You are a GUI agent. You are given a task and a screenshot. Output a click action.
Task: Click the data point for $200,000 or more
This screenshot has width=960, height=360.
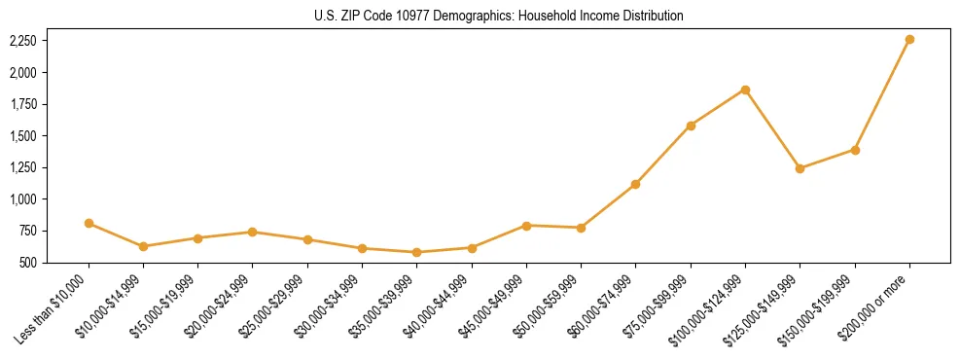(x=909, y=40)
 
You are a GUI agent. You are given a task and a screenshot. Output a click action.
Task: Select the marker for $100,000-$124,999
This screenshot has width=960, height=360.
(x=745, y=90)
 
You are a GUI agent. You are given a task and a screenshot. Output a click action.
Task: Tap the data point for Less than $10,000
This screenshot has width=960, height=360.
(x=89, y=223)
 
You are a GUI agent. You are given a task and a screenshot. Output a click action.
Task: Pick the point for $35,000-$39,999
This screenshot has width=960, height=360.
(x=417, y=252)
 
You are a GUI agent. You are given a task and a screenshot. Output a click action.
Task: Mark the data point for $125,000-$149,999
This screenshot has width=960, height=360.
(x=800, y=168)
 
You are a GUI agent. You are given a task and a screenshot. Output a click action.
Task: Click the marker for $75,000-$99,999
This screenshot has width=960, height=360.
(x=691, y=126)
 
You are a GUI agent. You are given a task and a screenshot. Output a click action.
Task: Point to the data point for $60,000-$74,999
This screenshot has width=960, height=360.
(x=635, y=184)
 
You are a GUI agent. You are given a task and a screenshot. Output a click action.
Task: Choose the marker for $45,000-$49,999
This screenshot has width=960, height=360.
(x=526, y=226)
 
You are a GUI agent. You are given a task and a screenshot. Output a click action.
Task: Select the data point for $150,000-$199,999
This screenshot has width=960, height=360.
(x=855, y=150)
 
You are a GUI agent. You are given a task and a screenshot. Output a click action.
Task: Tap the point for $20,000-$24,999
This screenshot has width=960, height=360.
(x=253, y=232)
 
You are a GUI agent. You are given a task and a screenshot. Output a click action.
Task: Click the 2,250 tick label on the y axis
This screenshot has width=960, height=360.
(x=22, y=41)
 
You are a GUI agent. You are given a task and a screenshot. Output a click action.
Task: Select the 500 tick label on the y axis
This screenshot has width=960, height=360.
(x=27, y=263)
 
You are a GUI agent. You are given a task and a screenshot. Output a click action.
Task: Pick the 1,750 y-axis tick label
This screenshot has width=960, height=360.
(x=22, y=104)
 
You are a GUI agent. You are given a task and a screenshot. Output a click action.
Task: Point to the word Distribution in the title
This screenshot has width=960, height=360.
(x=650, y=16)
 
